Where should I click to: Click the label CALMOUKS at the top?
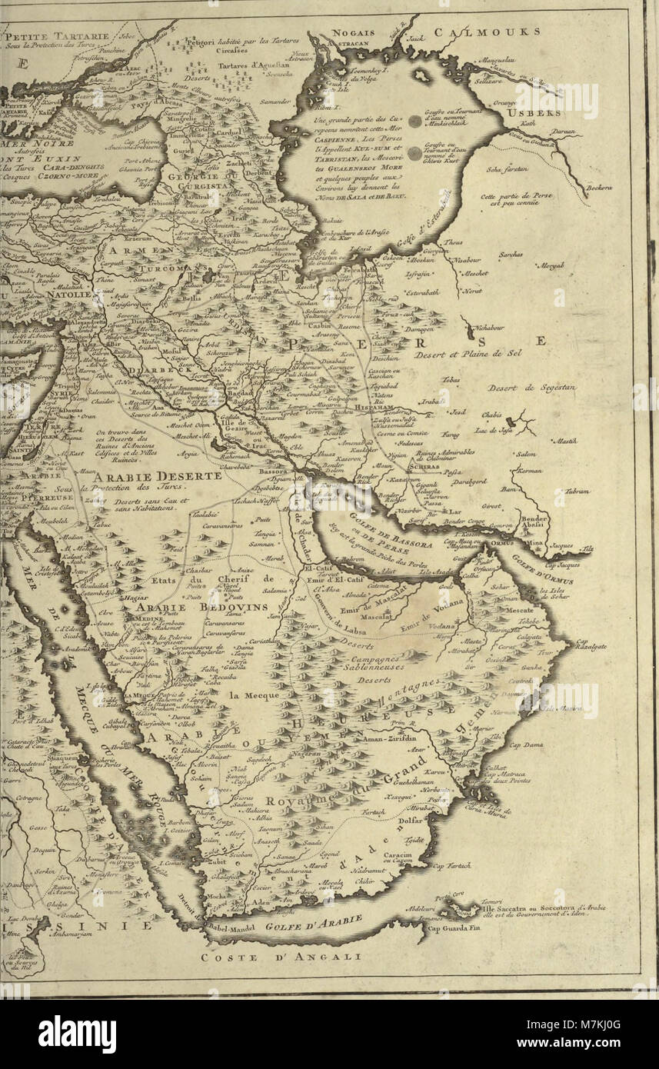(x=486, y=32)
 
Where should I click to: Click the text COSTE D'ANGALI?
(x=281, y=957)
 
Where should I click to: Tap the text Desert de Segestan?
(x=531, y=388)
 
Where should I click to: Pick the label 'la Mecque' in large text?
(x=254, y=694)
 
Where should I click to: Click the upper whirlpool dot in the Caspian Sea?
(x=414, y=121)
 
